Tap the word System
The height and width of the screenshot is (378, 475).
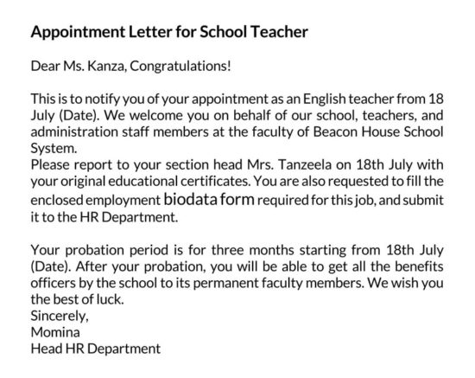pos(54,148)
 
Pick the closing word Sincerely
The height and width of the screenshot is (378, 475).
pos(57,316)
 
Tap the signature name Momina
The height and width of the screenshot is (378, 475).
pos(54,332)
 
